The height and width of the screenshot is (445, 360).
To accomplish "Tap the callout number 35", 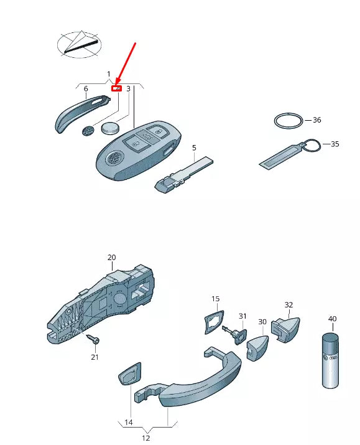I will pyautogui.click(x=335, y=144).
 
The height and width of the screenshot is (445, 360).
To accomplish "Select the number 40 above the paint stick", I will pyautogui.click(x=333, y=319).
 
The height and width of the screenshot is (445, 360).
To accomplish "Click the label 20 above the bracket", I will pyautogui.click(x=111, y=257).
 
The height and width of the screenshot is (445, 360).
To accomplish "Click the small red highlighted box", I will pyautogui.click(x=116, y=88).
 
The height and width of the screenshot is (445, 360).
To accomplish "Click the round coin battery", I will pyautogui.click(x=111, y=128).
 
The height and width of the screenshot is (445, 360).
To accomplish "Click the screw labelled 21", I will pyautogui.click(x=93, y=339).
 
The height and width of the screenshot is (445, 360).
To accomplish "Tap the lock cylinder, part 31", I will pyautogui.click(x=236, y=334).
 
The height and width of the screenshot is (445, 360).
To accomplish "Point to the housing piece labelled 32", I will pyautogui.click(x=285, y=329).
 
